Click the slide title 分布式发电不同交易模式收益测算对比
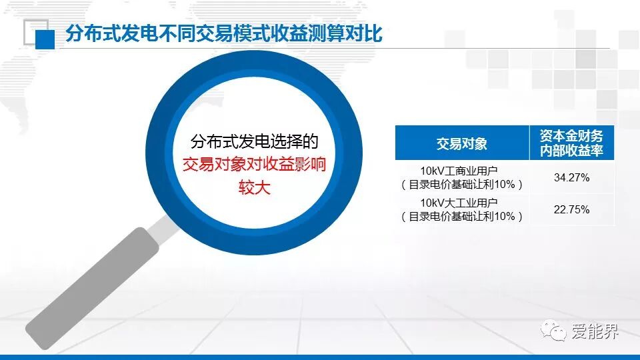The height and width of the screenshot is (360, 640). pyautogui.click(x=224, y=33)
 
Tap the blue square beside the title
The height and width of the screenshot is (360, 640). pyautogui.click(x=45, y=39)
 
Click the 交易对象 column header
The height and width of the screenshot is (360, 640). pyautogui.click(x=461, y=144)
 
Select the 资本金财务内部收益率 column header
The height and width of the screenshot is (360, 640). pyautogui.click(x=571, y=143)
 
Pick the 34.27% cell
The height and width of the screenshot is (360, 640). pyautogui.click(x=571, y=177)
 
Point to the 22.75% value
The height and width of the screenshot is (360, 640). pyautogui.click(x=571, y=209)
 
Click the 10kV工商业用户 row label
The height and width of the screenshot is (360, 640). pyautogui.click(x=459, y=171)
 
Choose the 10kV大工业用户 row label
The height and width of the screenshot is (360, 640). pyautogui.click(x=459, y=203)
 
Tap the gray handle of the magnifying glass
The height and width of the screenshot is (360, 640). pyautogui.click(x=92, y=288)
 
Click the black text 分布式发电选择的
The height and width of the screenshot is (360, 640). pyautogui.click(x=254, y=141)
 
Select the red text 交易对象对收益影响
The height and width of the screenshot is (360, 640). pyautogui.click(x=254, y=164)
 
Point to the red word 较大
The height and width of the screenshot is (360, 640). pyautogui.click(x=254, y=188)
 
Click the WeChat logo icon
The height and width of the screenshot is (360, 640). pyautogui.click(x=553, y=330)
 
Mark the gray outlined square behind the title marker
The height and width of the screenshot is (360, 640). pyautogui.click(x=36, y=32)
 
